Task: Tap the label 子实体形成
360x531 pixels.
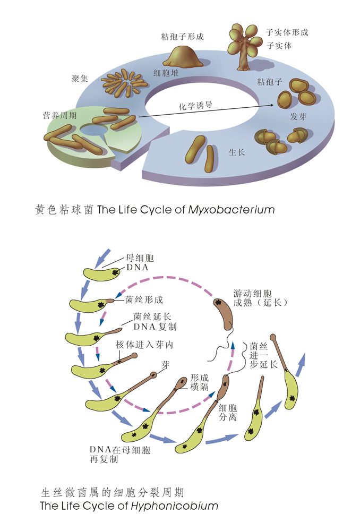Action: tap(287, 32)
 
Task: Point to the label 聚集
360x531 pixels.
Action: tap(80, 79)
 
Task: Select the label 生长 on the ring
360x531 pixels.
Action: tap(236, 152)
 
